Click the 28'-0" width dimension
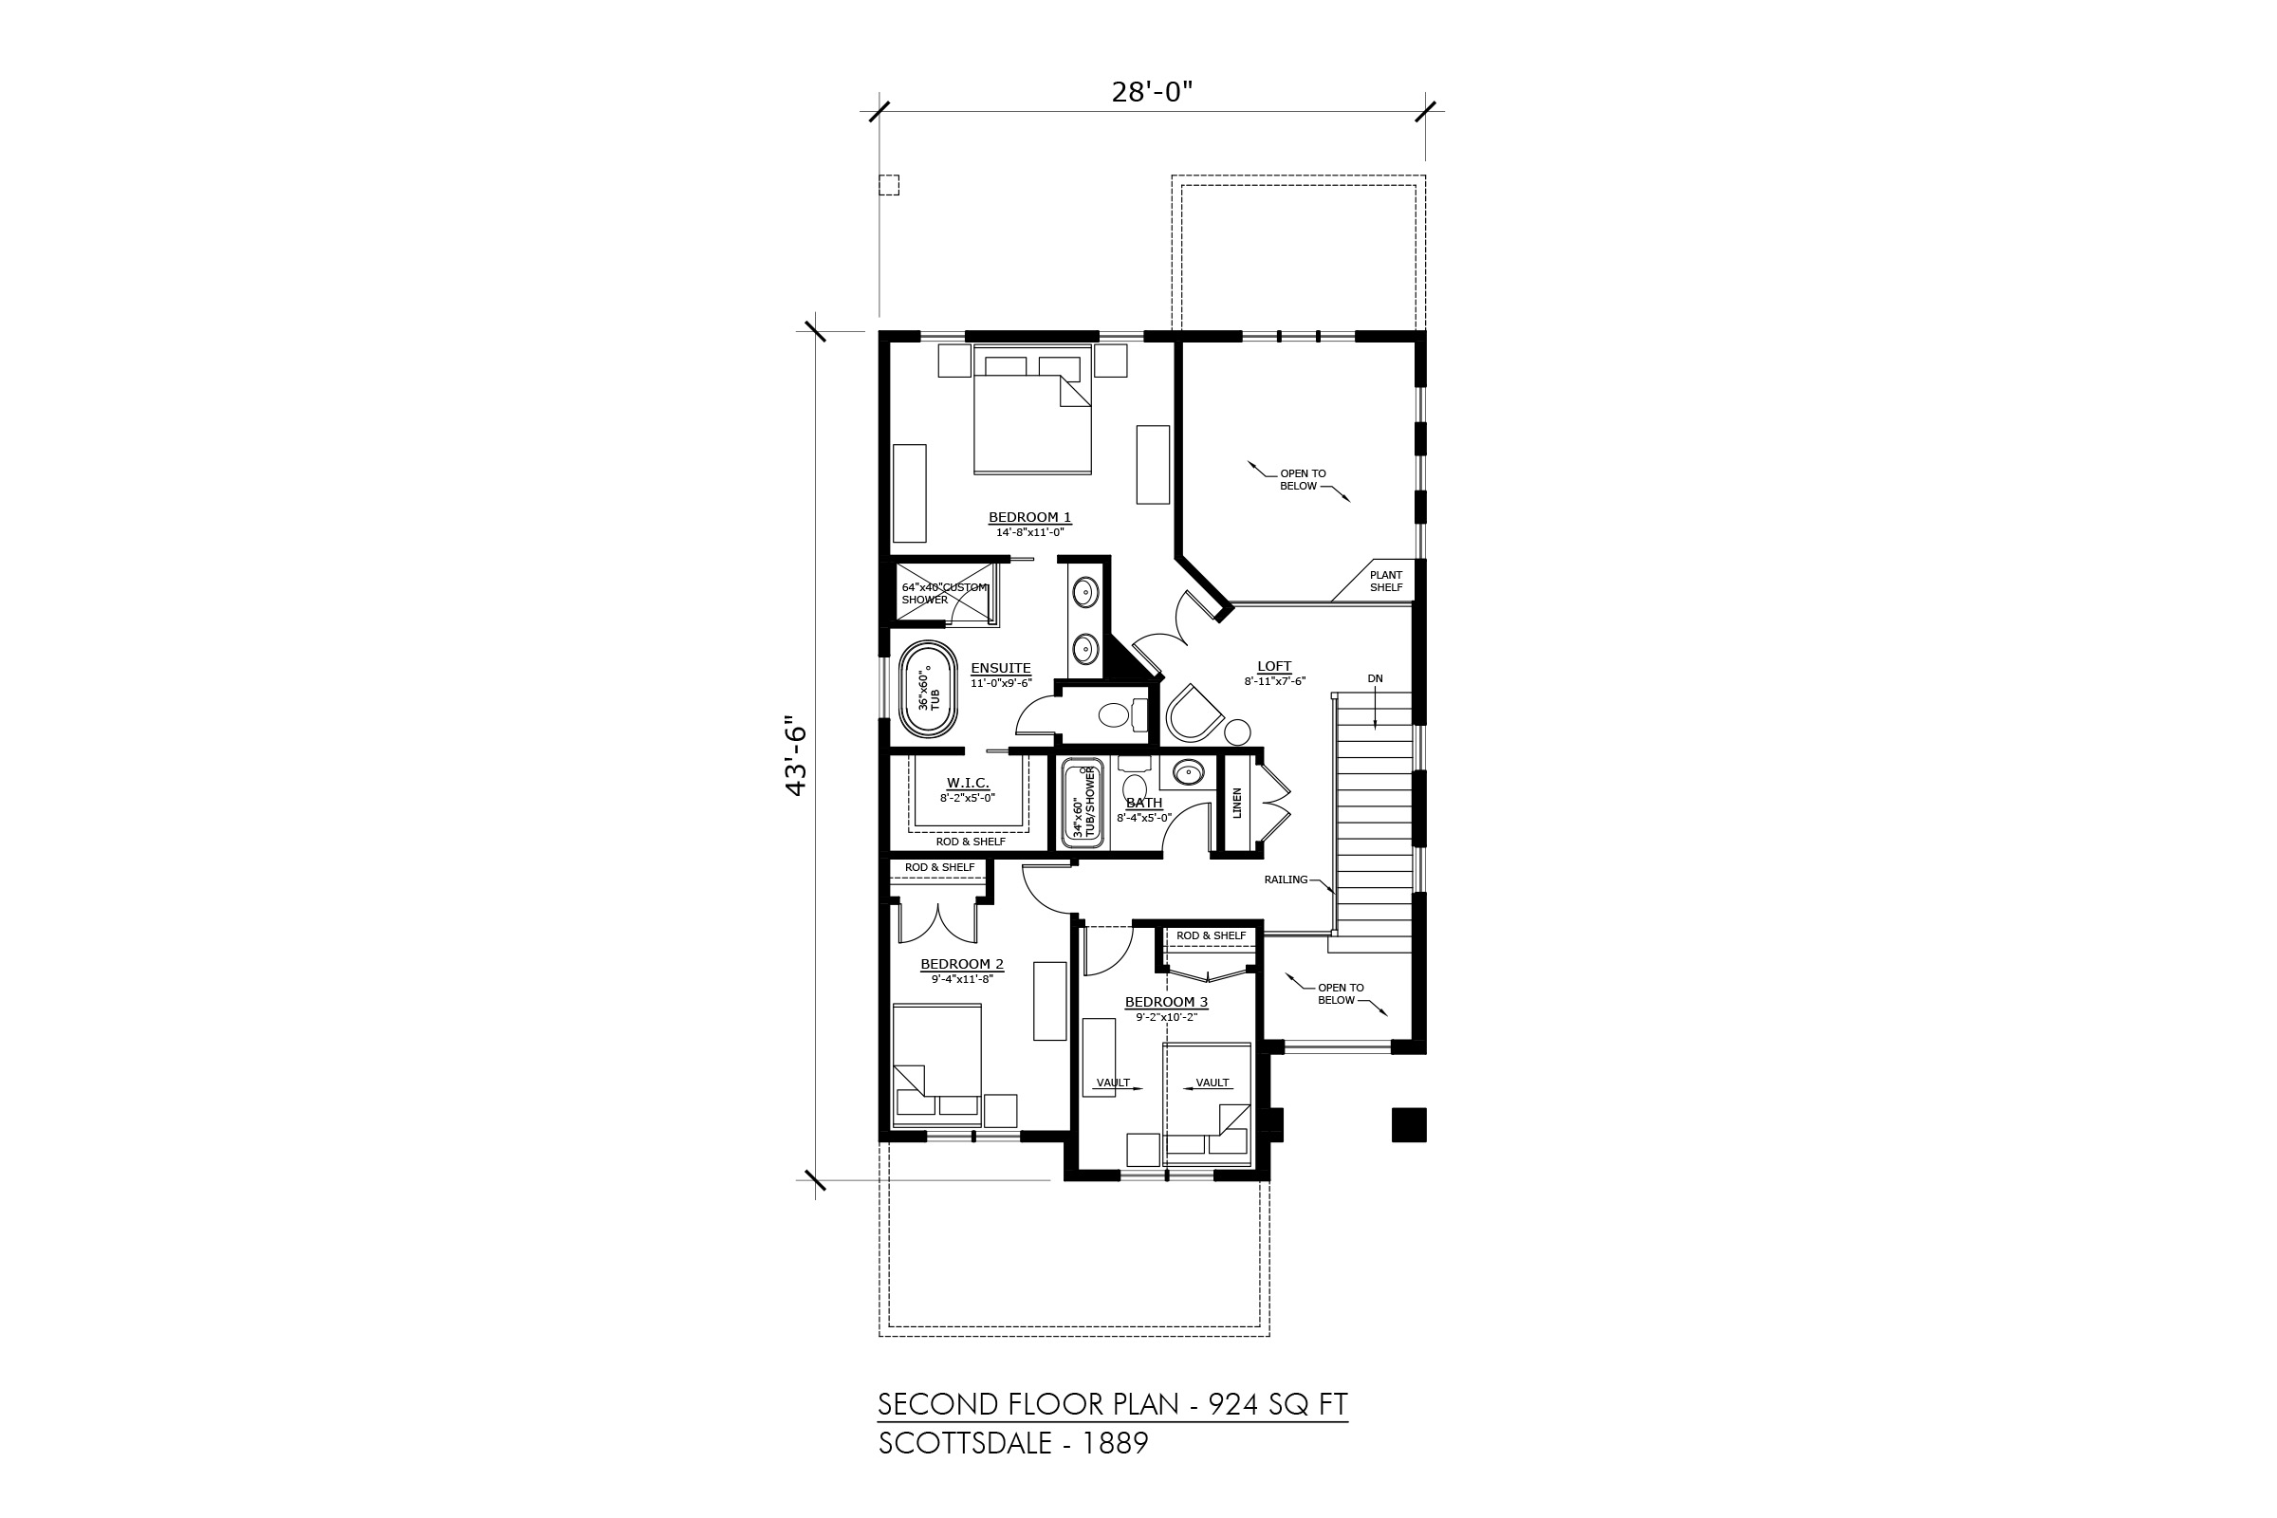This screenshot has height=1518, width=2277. coord(1151,92)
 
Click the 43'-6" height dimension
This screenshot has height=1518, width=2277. coord(797,756)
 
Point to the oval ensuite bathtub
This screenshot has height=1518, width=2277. coord(929,689)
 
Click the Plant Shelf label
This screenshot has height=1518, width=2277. coord(1386,581)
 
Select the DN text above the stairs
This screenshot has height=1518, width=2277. coord(1376,678)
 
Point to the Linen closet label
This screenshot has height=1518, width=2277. coord(1237,803)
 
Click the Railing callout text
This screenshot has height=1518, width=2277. coord(1286,880)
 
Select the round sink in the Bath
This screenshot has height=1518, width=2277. coord(1188,771)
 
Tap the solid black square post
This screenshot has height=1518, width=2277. coord(1410,1125)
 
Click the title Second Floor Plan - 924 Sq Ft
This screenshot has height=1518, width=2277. coord(1113,1404)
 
